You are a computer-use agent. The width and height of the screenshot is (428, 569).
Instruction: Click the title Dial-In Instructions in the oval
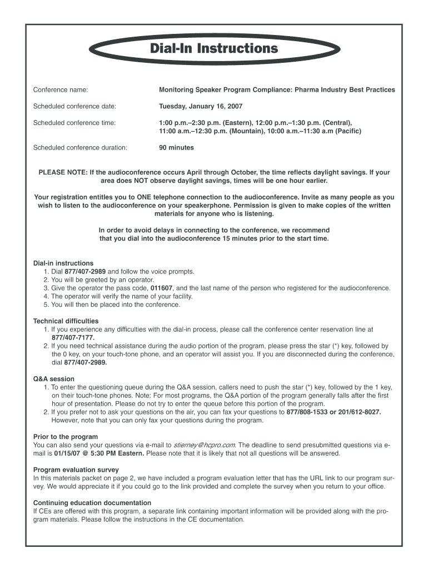(x=213, y=49)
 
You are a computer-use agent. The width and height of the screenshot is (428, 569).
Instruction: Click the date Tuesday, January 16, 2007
(x=201, y=106)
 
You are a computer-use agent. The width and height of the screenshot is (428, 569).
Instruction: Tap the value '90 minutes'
(x=176, y=148)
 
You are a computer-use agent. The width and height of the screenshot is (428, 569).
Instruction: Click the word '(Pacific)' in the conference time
(x=346, y=131)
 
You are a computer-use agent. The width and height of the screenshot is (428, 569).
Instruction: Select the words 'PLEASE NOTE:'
(x=62, y=173)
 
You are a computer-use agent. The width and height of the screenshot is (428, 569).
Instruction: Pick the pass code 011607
(x=161, y=288)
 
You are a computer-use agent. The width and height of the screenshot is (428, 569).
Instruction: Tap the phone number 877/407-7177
(x=73, y=337)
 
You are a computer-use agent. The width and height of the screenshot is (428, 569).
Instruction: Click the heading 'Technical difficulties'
(x=66, y=321)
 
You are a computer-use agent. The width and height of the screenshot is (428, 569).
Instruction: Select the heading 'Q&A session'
(x=53, y=379)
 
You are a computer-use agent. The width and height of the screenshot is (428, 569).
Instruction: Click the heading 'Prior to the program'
(x=66, y=437)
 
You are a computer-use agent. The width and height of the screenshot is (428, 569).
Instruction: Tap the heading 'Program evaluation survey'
(x=76, y=470)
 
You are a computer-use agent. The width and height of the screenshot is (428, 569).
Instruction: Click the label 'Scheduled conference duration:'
(x=81, y=148)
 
